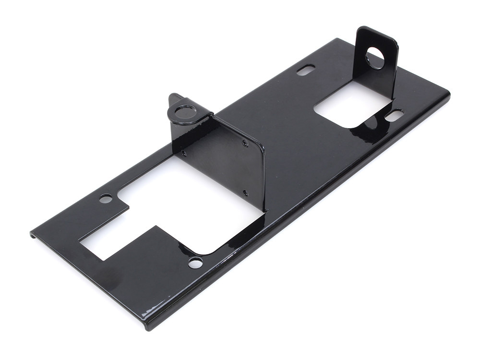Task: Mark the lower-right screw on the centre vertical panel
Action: [x=245, y=192]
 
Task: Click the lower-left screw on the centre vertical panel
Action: [x=184, y=154]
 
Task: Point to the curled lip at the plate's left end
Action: [x=33, y=236]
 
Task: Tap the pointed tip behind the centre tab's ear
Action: [x=172, y=96]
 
